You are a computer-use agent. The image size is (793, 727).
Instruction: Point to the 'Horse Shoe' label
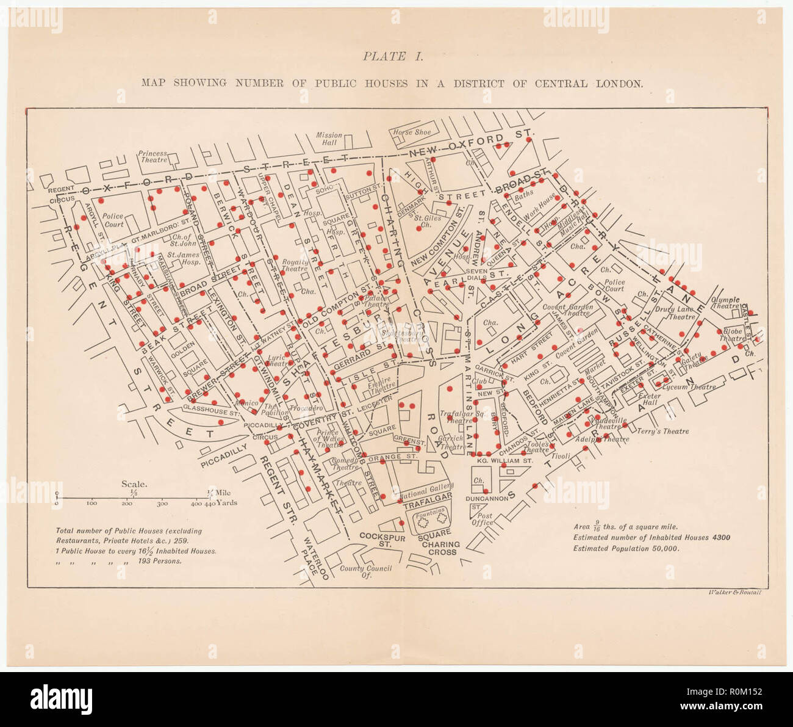pyautogui.click(x=412, y=132)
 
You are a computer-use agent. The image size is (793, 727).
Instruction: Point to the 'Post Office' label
pyautogui.click(x=482, y=519)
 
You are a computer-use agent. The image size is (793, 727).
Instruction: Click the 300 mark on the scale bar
pyautogui.click(x=162, y=504)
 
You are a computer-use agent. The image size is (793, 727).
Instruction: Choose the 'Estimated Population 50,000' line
pyautogui.click(x=626, y=548)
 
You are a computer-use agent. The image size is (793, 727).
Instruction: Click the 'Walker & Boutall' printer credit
pyautogui.click(x=735, y=592)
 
